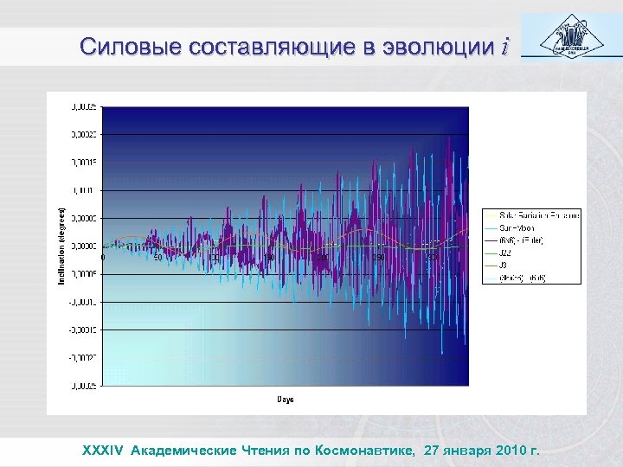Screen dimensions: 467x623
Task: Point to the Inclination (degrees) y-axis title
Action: click(61, 246)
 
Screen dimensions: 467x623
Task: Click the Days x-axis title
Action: click(286, 399)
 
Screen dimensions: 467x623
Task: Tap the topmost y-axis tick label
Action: click(84, 107)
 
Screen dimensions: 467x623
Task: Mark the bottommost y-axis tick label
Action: click(84, 385)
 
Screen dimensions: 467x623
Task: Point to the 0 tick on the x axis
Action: click(104, 257)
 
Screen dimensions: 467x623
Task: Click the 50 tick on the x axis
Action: click(157, 257)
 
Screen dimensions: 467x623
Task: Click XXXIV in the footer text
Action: click(104, 450)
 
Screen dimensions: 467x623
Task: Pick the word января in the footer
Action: click(462, 450)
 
